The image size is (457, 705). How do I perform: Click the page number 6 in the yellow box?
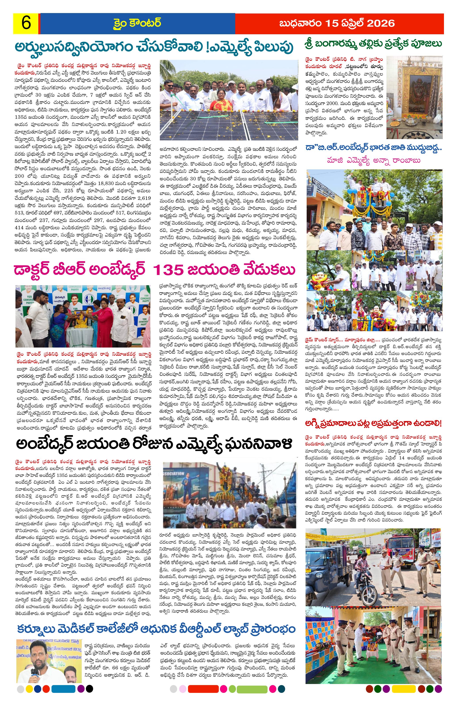pos(26,23)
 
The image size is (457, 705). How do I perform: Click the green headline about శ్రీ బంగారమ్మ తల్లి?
pos(373,44)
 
